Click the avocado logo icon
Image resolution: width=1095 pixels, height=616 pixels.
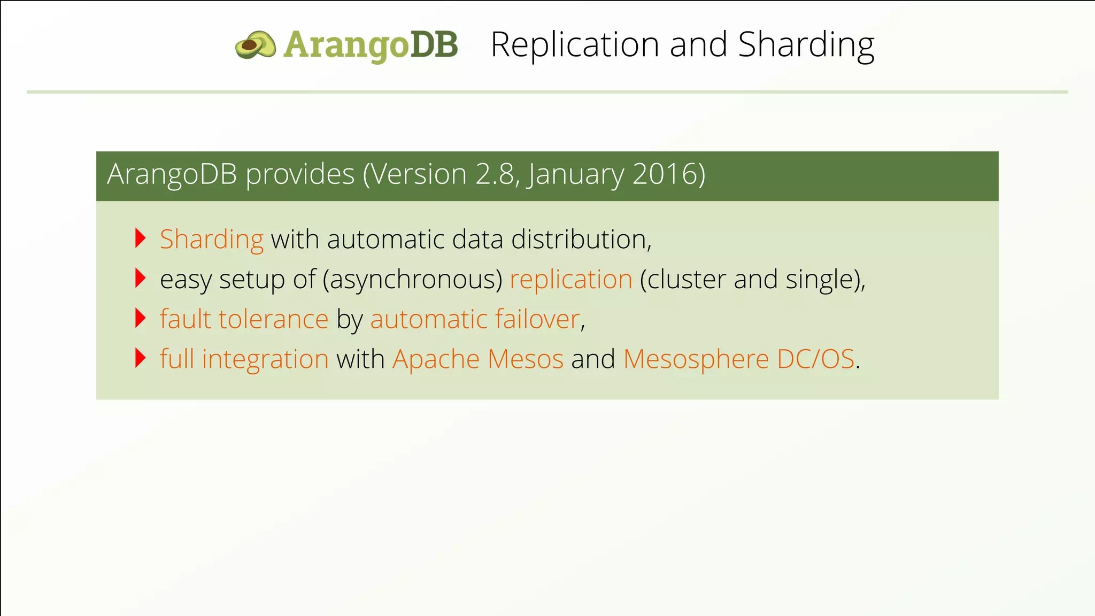(x=256, y=44)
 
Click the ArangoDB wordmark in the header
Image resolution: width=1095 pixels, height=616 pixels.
(x=371, y=45)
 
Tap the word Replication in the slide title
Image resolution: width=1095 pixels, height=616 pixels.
(x=575, y=44)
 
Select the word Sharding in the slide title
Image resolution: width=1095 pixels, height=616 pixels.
(x=806, y=44)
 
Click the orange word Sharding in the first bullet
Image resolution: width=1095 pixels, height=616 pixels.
(x=212, y=239)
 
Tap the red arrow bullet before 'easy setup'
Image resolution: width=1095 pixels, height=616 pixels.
(x=141, y=278)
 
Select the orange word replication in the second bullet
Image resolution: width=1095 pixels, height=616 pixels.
(x=571, y=279)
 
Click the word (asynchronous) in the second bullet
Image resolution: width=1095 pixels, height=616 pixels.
(x=412, y=279)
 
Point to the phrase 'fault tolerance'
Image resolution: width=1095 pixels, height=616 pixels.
(x=244, y=319)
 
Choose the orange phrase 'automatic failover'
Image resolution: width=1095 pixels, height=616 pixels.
(x=475, y=319)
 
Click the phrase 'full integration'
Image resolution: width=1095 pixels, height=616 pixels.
(x=244, y=359)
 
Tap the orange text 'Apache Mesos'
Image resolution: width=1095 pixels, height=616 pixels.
(x=478, y=359)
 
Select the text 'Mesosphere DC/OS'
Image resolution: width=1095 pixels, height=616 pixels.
(x=739, y=359)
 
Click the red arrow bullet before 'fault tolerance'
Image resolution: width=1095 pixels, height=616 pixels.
(x=141, y=318)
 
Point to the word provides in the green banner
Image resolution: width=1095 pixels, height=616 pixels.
(x=300, y=174)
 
